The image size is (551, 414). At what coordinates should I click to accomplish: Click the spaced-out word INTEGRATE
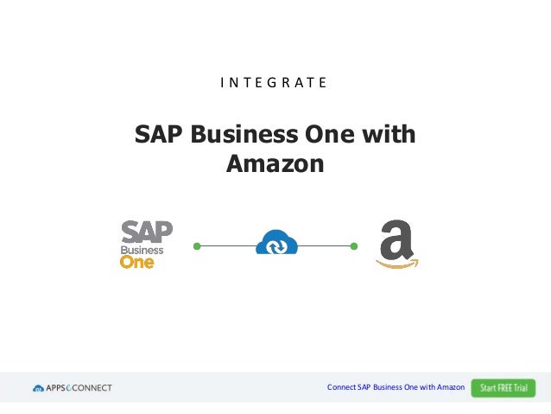(x=273, y=84)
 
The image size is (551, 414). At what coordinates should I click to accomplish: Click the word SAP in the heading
(x=159, y=136)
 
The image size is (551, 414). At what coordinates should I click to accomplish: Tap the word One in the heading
(x=325, y=136)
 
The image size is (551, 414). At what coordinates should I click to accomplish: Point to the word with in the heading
(x=386, y=136)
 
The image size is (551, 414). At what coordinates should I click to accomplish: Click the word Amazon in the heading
(x=275, y=162)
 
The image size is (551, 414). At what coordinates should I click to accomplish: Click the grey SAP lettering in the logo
(x=147, y=232)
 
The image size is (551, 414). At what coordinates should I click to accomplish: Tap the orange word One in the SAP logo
(x=136, y=261)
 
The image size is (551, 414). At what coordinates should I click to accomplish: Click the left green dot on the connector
(x=197, y=246)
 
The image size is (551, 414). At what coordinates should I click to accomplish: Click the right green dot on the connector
(x=354, y=246)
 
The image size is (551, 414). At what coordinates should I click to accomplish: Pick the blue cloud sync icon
(x=276, y=242)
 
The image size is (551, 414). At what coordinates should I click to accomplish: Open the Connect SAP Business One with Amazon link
(x=396, y=387)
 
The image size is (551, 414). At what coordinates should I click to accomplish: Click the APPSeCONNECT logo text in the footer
(x=79, y=388)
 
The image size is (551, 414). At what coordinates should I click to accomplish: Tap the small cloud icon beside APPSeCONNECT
(x=38, y=388)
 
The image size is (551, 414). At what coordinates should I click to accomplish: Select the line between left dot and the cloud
(x=227, y=246)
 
